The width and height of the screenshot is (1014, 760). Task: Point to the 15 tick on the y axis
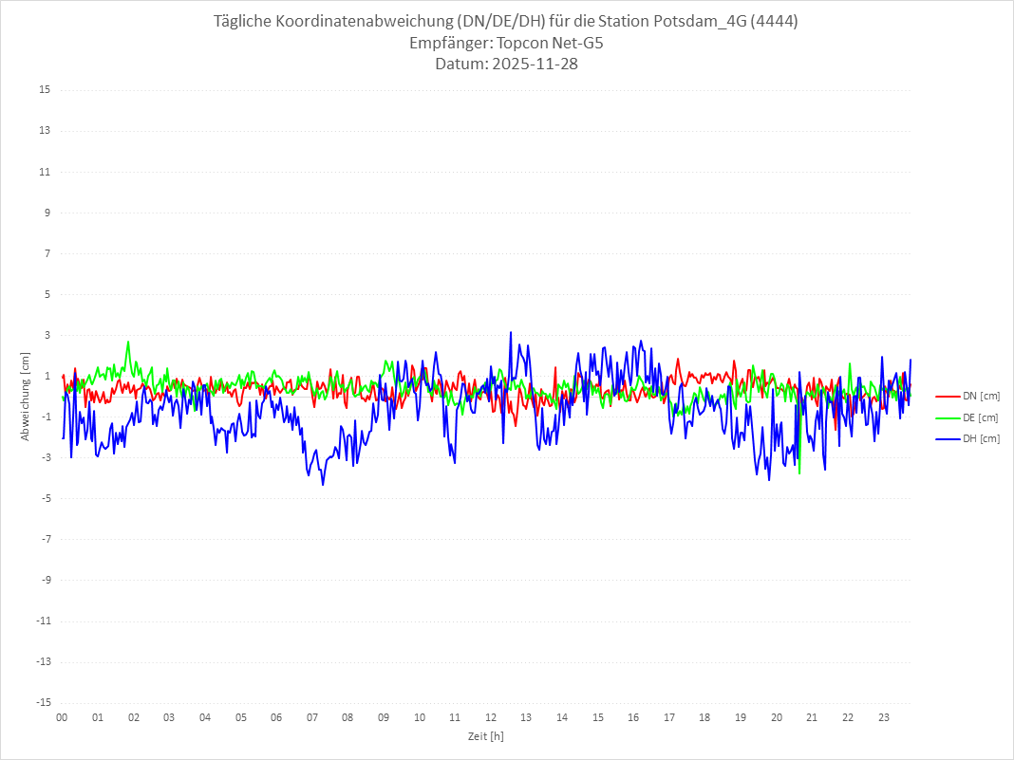(x=45, y=90)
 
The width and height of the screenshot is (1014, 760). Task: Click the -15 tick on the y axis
(x=43, y=702)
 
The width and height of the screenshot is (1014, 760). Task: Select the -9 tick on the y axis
(x=45, y=580)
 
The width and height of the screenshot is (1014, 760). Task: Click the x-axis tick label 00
(x=62, y=717)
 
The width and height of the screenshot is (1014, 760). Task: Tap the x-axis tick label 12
(x=491, y=717)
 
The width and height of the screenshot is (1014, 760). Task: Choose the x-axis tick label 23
(x=884, y=717)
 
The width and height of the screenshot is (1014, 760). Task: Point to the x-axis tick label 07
(x=312, y=717)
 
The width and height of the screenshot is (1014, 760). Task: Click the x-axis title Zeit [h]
(x=485, y=735)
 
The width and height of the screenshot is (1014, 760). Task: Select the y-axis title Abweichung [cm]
(x=26, y=396)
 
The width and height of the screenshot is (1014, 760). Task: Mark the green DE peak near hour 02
(x=128, y=342)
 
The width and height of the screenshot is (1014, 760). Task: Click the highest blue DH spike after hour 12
(x=511, y=332)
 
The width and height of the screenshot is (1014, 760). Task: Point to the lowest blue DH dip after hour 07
(x=323, y=485)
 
